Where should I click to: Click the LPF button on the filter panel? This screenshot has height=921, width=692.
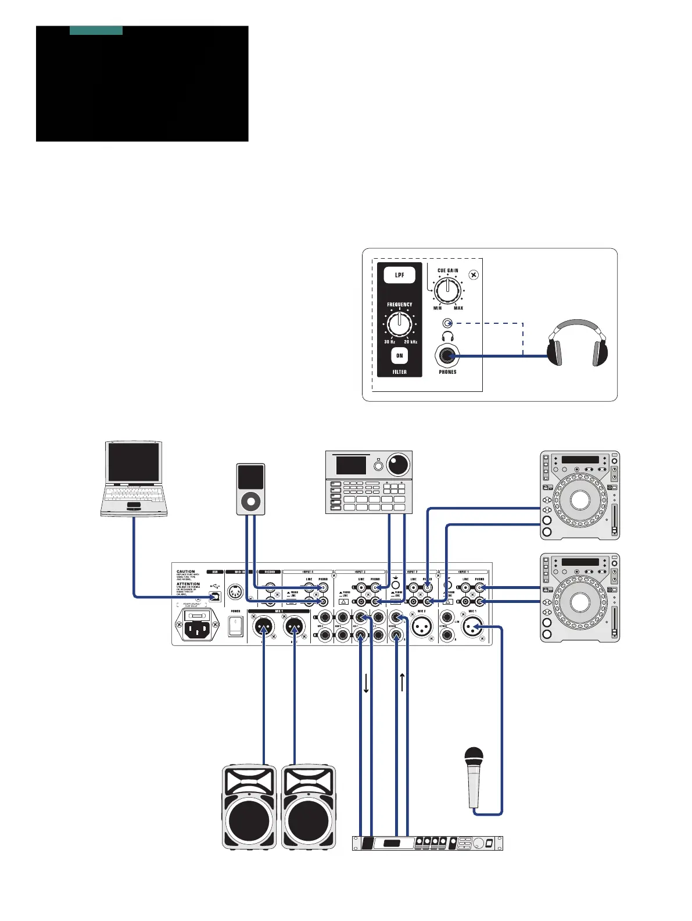[x=400, y=275]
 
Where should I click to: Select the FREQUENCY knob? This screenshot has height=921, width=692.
[x=400, y=324]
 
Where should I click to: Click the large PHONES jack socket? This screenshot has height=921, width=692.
[x=447, y=355]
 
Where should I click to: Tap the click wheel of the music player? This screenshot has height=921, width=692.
[x=251, y=501]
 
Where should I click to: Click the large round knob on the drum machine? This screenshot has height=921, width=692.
[x=398, y=465]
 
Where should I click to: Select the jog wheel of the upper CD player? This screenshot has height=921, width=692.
[x=580, y=500]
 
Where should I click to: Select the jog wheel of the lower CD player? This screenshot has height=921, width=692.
[x=580, y=602]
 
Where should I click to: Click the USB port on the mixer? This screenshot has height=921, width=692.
[x=215, y=597]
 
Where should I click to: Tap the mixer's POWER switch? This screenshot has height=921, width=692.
[x=235, y=626]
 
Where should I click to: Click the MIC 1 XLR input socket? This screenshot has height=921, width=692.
[x=472, y=627]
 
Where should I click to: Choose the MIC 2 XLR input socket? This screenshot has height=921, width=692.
[x=422, y=627]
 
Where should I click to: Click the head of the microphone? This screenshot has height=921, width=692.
[x=474, y=756]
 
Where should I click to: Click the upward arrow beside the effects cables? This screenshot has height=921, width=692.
[x=402, y=681]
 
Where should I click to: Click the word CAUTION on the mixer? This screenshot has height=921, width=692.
[x=186, y=572]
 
